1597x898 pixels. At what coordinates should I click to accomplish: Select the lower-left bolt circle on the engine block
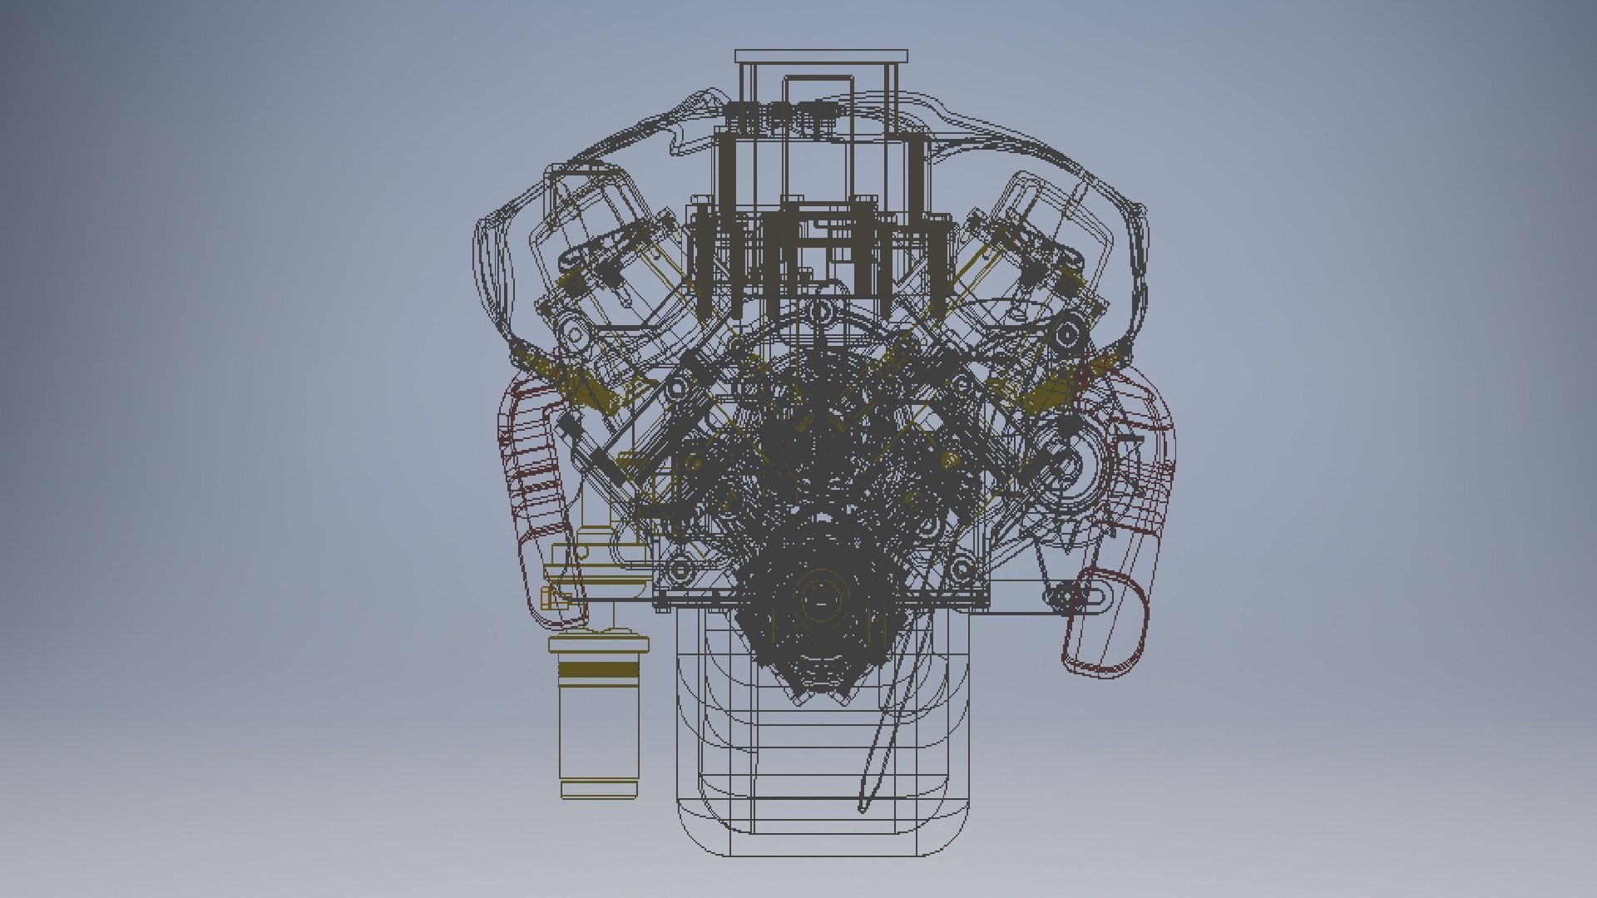pos(680,570)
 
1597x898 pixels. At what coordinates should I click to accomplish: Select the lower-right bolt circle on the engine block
pos(962,570)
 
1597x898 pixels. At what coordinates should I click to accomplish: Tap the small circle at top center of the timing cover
pos(822,312)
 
